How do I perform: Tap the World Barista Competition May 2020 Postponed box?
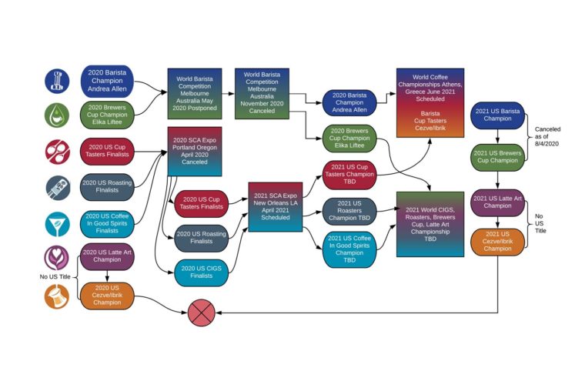click(194, 92)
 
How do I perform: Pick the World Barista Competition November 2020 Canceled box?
click(262, 92)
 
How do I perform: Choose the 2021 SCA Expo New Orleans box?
click(275, 207)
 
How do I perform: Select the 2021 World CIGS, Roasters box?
click(430, 224)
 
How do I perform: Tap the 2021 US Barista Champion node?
click(497, 115)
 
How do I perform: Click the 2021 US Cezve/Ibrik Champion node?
click(497, 241)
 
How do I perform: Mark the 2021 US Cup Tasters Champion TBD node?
click(349, 174)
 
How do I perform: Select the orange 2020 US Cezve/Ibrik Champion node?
click(107, 296)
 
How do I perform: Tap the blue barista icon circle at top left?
click(57, 80)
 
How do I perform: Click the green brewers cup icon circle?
click(57, 115)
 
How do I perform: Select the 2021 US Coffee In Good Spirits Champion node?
click(349, 249)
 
